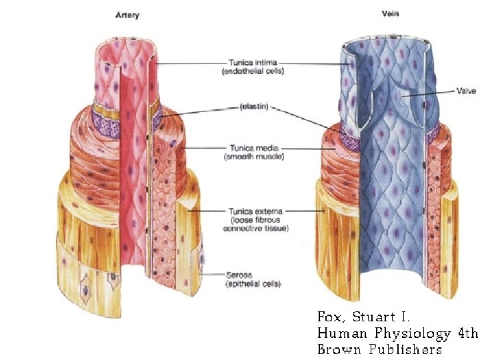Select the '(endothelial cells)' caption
click(253, 71)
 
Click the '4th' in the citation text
click(465, 333)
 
